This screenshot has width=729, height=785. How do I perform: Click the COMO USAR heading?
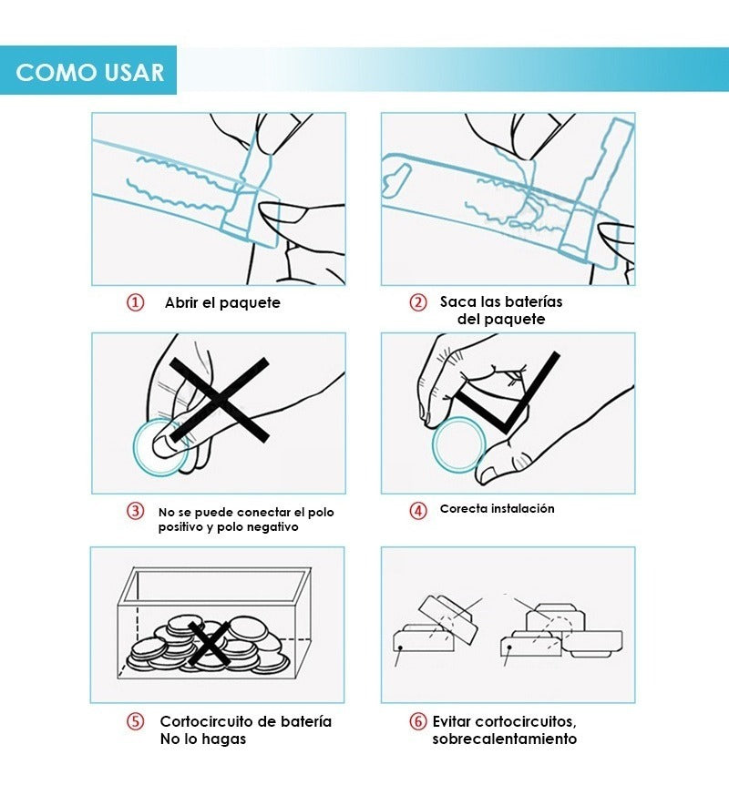coord(89,72)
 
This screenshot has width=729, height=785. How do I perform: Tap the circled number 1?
coord(135,302)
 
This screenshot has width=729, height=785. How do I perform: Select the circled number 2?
coord(418,302)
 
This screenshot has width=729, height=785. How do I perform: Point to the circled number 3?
coord(135,511)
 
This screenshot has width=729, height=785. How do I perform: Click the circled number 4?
coord(418,510)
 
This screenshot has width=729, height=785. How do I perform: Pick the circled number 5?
coord(135,722)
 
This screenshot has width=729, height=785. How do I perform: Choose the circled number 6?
coord(418,722)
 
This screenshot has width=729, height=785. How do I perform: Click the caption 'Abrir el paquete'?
coord(222,302)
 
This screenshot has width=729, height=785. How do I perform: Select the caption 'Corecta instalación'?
coord(497,509)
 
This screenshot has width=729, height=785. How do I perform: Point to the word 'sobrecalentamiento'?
coord(504,739)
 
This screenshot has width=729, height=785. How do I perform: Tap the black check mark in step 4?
coord(507,396)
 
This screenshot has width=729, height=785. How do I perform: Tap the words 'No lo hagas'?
coord(202,739)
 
